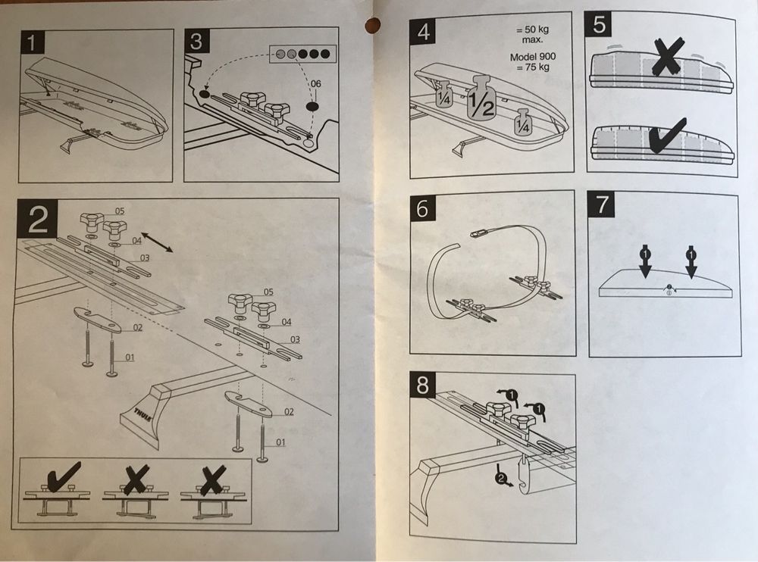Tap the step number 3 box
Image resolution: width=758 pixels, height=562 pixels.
click(196, 42)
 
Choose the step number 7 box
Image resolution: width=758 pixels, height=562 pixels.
click(603, 205)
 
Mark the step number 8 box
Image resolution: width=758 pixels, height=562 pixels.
click(422, 386)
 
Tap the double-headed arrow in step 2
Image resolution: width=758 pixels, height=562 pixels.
click(158, 243)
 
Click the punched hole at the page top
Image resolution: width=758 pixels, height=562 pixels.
click(371, 23)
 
